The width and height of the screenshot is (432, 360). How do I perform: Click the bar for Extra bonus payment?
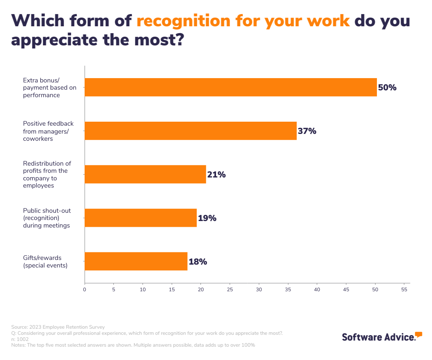(x=230, y=87)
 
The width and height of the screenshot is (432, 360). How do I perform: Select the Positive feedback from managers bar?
(x=190, y=131)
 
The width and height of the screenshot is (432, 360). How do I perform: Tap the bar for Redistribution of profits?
(x=145, y=174)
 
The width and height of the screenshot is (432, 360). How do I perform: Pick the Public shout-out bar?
(x=140, y=218)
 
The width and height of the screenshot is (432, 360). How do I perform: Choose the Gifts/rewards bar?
(x=136, y=261)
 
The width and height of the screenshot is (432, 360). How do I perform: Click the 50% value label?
(x=387, y=87)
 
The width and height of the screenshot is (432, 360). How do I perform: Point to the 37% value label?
(x=307, y=131)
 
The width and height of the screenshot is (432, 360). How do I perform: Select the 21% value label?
(x=216, y=175)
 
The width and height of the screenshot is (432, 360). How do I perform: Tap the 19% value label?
(x=207, y=218)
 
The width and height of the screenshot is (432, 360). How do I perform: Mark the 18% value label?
(x=198, y=262)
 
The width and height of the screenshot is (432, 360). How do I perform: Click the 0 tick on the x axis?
(x=85, y=289)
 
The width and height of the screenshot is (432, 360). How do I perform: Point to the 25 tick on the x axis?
(x=230, y=289)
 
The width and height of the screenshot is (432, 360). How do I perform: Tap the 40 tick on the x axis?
(x=317, y=289)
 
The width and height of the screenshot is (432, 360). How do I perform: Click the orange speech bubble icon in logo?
(x=418, y=334)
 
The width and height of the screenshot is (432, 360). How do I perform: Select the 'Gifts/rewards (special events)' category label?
(x=45, y=262)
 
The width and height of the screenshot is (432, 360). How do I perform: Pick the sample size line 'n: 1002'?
(x=20, y=339)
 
